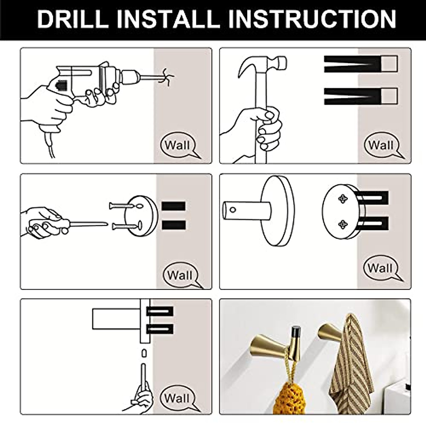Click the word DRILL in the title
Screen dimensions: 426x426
pos(73,19)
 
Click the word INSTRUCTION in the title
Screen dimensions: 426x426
pos(312,19)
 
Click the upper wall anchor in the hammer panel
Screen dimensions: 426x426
pos(361,64)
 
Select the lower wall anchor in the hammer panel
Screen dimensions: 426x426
pos(361,96)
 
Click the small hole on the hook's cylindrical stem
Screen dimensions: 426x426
pos(233,209)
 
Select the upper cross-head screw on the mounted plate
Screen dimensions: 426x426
pos(343,199)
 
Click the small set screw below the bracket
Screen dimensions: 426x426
pos(144,353)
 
